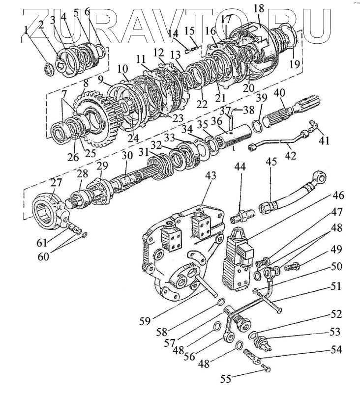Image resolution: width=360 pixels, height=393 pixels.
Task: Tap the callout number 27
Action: click(x=56, y=183)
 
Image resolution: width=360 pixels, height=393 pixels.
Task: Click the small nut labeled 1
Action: click(x=49, y=68)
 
